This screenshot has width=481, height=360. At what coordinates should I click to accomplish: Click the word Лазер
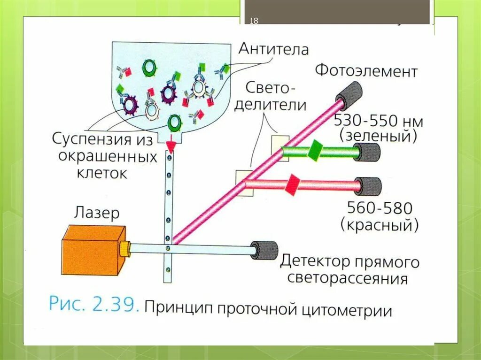pos(96,214)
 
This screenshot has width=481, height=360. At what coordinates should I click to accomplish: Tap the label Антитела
pos(273,48)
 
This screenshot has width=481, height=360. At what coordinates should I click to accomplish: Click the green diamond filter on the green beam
pos(314,150)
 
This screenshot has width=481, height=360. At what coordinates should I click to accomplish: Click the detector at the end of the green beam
pos(368,152)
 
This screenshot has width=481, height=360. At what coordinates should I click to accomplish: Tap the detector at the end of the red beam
pos(368,186)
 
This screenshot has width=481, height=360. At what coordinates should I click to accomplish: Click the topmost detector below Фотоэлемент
pos(349,93)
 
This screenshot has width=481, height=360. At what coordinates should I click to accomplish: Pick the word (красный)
pos(380,225)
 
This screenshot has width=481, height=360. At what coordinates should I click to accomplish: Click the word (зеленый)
pos(380,137)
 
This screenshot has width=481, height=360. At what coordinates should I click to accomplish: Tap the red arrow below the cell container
pos(171,147)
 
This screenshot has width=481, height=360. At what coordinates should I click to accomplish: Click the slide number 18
pos(254,21)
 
